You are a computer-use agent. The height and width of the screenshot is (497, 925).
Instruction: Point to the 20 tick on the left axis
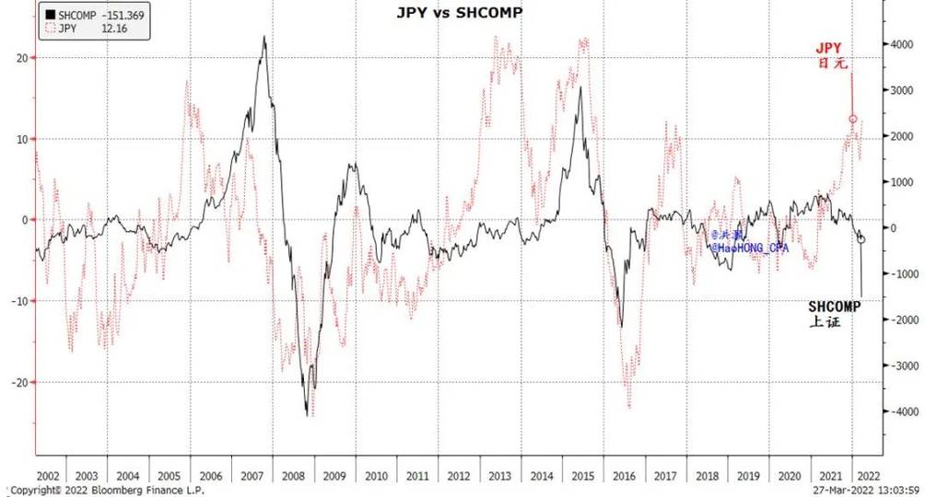25,57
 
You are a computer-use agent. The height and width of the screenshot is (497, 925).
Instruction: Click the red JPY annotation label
829,48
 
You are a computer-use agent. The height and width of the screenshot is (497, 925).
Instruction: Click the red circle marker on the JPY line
853,119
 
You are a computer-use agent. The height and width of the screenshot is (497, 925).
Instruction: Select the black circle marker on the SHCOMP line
861,239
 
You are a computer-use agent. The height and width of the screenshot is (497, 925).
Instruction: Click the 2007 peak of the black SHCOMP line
265,37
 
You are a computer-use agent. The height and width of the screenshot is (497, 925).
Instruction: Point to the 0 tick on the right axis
891,227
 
